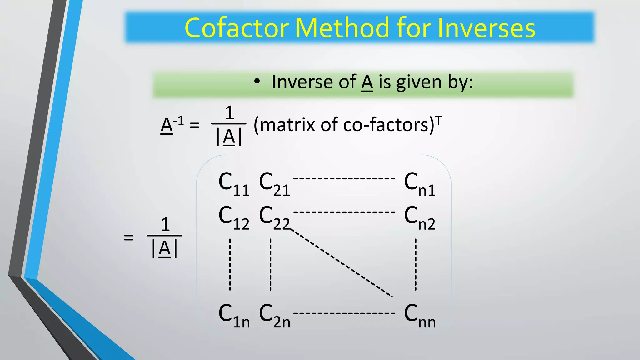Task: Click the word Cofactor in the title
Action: coord(237,28)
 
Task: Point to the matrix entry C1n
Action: coord(234,316)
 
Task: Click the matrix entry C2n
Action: coord(275,316)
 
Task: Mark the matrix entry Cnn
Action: coord(420,316)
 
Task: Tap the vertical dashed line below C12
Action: coord(230,264)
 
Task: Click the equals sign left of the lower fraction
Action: coord(128,237)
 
